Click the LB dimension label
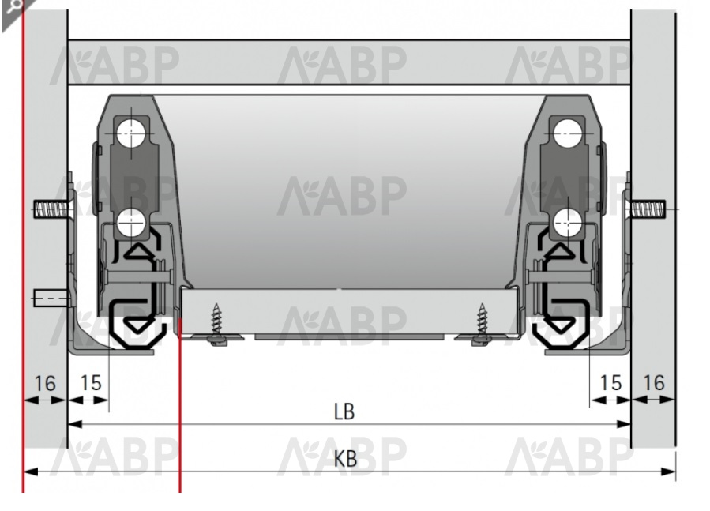[x=344, y=411]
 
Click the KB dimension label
[x=345, y=458]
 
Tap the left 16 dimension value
[x=45, y=383]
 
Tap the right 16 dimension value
[x=654, y=383]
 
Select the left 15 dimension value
[x=91, y=383]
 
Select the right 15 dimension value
[x=610, y=383]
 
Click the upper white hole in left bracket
[x=131, y=133]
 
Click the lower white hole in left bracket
[x=131, y=222]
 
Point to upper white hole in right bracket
[x=568, y=133]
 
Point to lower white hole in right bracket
[x=567, y=222]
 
